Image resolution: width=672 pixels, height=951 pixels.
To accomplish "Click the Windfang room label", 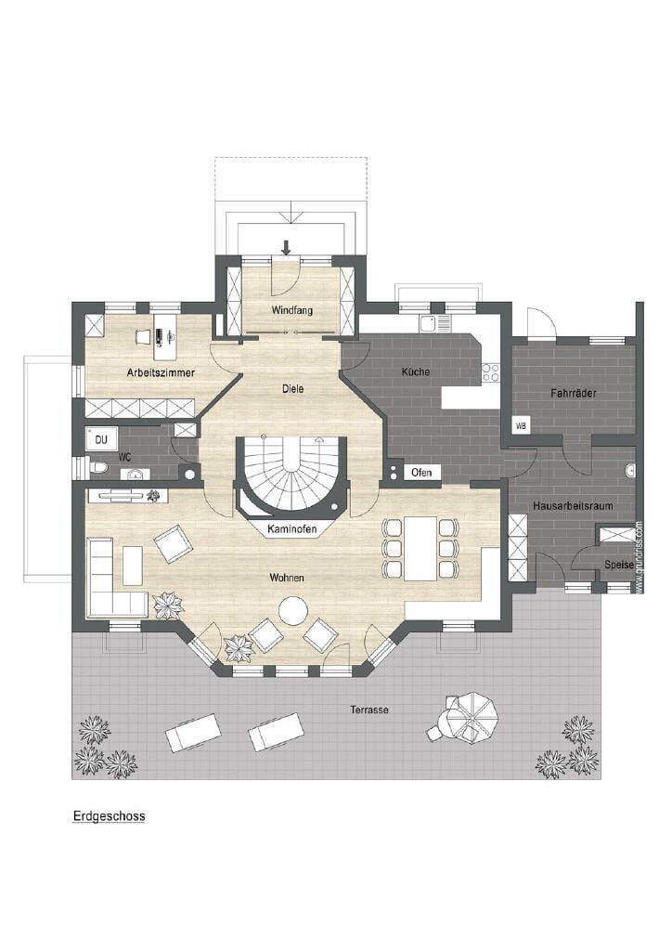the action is pyautogui.click(x=292, y=310).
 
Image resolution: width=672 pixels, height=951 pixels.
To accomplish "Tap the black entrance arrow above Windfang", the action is pyautogui.click(x=287, y=246).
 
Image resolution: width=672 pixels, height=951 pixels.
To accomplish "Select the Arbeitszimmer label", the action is pyautogui.click(x=161, y=372).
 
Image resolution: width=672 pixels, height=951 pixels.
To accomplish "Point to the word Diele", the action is pyautogui.click(x=292, y=388).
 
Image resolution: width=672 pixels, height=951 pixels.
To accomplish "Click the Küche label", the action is pyautogui.click(x=416, y=371).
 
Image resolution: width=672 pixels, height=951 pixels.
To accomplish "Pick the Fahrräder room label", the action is pyautogui.click(x=574, y=393).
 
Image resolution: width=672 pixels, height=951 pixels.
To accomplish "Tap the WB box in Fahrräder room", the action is pyautogui.click(x=521, y=425).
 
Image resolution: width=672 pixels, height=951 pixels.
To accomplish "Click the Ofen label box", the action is pyautogui.click(x=421, y=472).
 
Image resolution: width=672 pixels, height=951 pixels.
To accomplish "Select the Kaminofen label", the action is pyautogui.click(x=292, y=528).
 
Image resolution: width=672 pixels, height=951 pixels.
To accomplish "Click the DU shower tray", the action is pyautogui.click(x=100, y=439).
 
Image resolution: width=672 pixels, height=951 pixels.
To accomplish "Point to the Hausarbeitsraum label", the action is pyautogui.click(x=574, y=505).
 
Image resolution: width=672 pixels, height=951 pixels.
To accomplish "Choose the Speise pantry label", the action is pyautogui.click(x=619, y=564).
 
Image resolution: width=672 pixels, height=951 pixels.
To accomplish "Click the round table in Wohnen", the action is pyautogui.click(x=294, y=611).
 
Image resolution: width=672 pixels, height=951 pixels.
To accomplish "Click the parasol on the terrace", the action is pyautogui.click(x=471, y=718).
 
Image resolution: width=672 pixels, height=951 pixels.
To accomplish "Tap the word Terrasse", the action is pyautogui.click(x=369, y=709).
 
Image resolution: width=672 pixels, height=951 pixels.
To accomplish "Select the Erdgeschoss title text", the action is pyautogui.click(x=110, y=815).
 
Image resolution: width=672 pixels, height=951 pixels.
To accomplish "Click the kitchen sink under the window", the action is pyautogui.click(x=434, y=323).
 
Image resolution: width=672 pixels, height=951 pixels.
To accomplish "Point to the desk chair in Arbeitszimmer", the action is pyautogui.click(x=143, y=335).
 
